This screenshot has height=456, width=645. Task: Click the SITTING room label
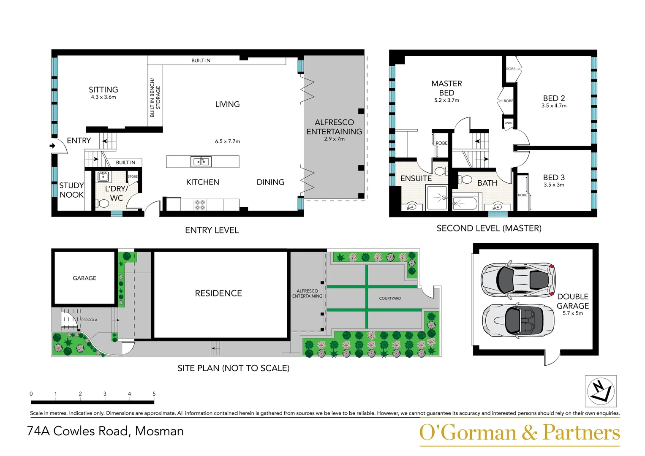click(103, 90)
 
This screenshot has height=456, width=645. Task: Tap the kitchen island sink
click(201, 161)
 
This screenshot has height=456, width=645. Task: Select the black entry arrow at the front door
click(52, 146)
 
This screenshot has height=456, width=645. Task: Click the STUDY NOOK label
click(71, 190)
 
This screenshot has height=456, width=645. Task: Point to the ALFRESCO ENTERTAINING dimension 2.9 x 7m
click(334, 139)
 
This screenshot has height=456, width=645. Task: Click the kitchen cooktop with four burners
click(200, 205)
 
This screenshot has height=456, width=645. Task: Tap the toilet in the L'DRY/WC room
click(102, 204)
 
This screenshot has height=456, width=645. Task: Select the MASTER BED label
click(446, 88)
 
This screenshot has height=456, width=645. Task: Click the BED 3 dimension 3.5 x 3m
click(554, 185)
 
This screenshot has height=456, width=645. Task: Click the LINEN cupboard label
click(508, 123)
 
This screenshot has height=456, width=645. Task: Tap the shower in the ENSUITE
click(437, 198)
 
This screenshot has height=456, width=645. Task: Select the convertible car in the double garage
click(518, 320)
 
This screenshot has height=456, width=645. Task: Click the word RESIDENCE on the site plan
click(218, 293)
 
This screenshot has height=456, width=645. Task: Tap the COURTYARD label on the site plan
click(390, 299)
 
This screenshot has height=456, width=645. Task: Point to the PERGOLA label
click(89, 320)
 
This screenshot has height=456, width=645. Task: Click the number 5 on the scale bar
click(154, 394)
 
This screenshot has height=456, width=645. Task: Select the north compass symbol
click(601, 391)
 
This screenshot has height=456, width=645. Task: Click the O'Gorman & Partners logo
click(520, 433)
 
